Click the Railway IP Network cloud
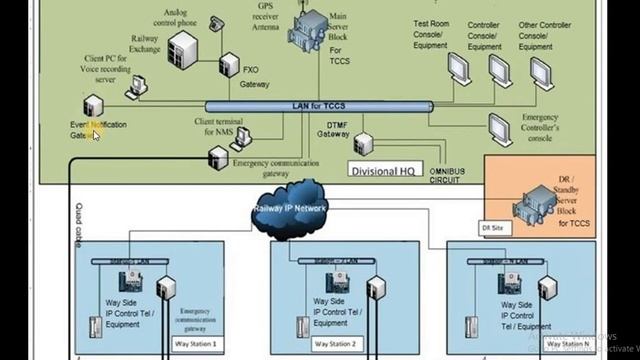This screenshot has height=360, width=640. [x=291, y=208]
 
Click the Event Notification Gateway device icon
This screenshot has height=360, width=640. [x=91, y=107]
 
